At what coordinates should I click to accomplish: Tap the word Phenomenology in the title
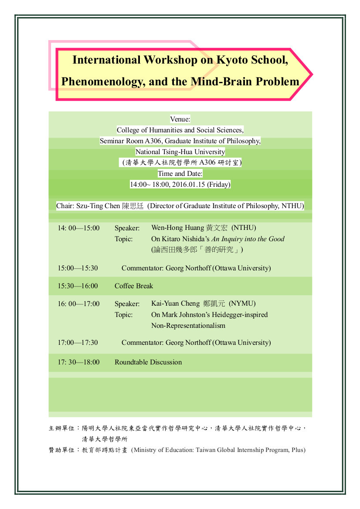coord(103,82)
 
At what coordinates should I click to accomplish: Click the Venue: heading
coord(180,119)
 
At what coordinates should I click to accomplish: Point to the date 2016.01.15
coord(188,184)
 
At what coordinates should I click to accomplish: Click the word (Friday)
coord(219,184)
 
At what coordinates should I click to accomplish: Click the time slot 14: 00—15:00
coord(78,228)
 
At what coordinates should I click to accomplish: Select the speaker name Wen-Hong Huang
coord(177,228)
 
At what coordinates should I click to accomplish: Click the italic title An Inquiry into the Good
coord(248,239)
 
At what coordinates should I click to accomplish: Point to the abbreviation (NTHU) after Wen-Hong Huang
coord(244,228)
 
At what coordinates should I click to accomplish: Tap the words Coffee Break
coord(133,286)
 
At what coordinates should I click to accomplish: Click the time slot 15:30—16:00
coord(78,286)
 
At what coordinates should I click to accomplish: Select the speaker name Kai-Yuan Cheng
coord(176,303)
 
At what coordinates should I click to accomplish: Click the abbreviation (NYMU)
coord(242,303)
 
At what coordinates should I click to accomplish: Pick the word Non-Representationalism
coord(188,326)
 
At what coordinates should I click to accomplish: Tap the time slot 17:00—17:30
coord(78,343)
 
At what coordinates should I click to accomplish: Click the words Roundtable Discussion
coord(148,362)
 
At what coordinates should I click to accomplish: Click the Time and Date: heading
coord(180,174)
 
